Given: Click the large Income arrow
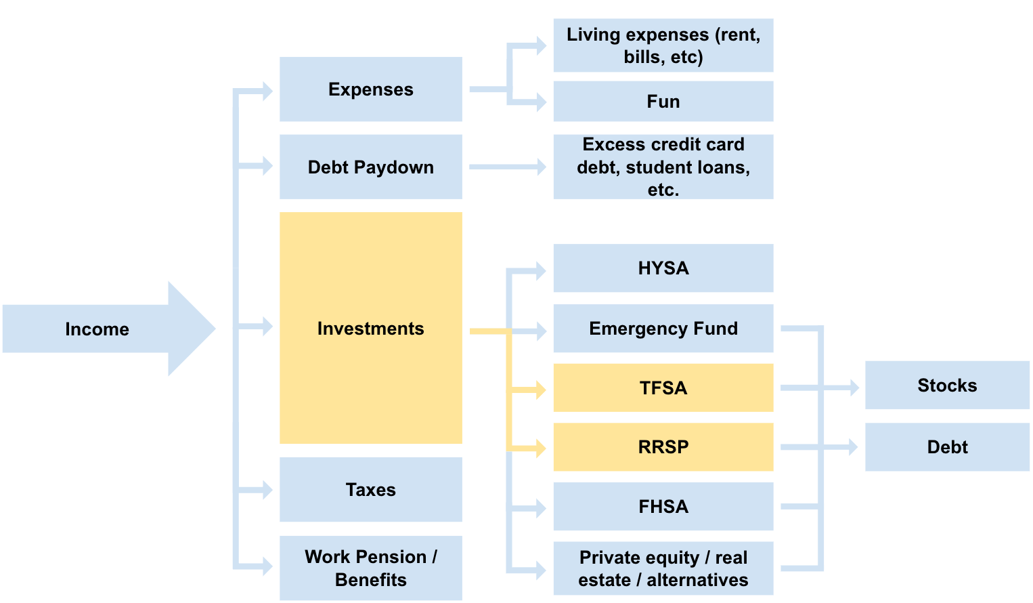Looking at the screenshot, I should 102,329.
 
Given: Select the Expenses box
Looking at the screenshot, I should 370,89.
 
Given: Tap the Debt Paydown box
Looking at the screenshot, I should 370,167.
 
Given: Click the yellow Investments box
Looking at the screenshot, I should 370,328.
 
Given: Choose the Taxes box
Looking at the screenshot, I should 370,489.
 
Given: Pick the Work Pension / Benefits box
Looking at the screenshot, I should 370,568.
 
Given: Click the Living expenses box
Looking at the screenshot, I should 663,45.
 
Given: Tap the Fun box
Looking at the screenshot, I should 663,102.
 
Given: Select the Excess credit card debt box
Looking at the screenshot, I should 663,167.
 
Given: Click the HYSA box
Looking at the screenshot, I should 663,268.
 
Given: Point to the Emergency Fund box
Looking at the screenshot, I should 663,329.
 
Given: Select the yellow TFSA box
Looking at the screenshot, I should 663,388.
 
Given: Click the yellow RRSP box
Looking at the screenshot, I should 663,447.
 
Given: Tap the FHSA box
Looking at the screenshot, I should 663,506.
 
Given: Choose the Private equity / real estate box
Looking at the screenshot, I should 663,568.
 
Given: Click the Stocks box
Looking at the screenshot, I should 946,386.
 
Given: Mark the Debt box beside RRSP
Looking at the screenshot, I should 946,447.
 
